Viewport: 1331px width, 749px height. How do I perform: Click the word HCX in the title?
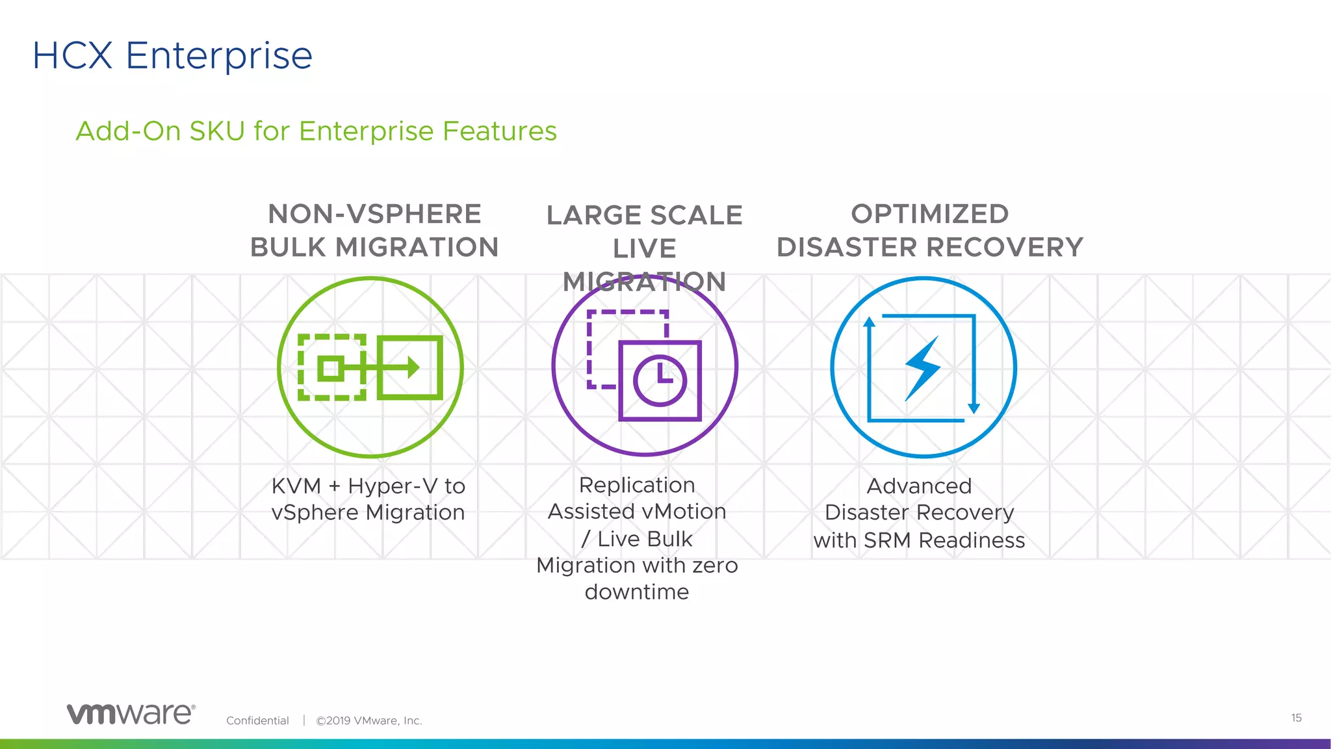tap(73, 55)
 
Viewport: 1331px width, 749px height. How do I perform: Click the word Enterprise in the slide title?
tap(219, 57)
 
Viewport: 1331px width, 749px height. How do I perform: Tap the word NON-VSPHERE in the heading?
tap(374, 214)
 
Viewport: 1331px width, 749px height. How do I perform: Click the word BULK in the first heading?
tap(288, 248)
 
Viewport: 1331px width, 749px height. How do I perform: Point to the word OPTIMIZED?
tap(929, 214)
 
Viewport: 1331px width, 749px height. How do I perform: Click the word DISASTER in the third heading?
tap(846, 248)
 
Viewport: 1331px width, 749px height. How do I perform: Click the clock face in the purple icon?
tap(660, 380)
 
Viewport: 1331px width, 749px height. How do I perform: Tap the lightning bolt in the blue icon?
tap(923, 367)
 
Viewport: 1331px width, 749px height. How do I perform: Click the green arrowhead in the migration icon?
tap(413, 367)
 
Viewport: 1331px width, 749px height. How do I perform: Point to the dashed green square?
tap(332, 367)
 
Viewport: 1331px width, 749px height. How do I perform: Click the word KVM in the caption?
tap(296, 486)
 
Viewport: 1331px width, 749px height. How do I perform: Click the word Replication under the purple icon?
tap(637, 485)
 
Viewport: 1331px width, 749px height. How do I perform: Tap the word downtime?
tap(637, 592)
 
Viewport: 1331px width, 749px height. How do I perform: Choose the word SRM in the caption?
tap(887, 540)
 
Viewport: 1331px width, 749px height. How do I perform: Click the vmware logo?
tap(131, 714)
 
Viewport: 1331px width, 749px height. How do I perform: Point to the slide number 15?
tap(1296, 718)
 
